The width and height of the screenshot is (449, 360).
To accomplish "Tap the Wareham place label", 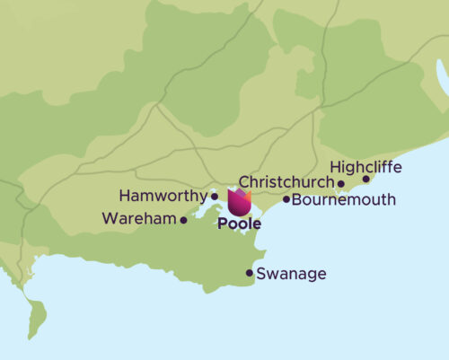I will point(139,218).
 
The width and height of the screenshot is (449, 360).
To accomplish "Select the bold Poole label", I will point(240,223).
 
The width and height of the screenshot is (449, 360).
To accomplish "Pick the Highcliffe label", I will point(365,167).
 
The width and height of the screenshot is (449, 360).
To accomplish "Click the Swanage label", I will point(291,274).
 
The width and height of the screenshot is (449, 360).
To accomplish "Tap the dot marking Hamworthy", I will point(214,196).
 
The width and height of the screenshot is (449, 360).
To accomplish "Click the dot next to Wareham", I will point(184,219).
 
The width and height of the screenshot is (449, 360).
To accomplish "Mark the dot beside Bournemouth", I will point(286,199).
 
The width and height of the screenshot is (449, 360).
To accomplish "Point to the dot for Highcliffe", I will point(365,179).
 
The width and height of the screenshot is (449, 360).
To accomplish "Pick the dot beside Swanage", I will point(250,273).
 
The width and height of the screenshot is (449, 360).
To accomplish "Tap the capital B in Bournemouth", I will point(297,199).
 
